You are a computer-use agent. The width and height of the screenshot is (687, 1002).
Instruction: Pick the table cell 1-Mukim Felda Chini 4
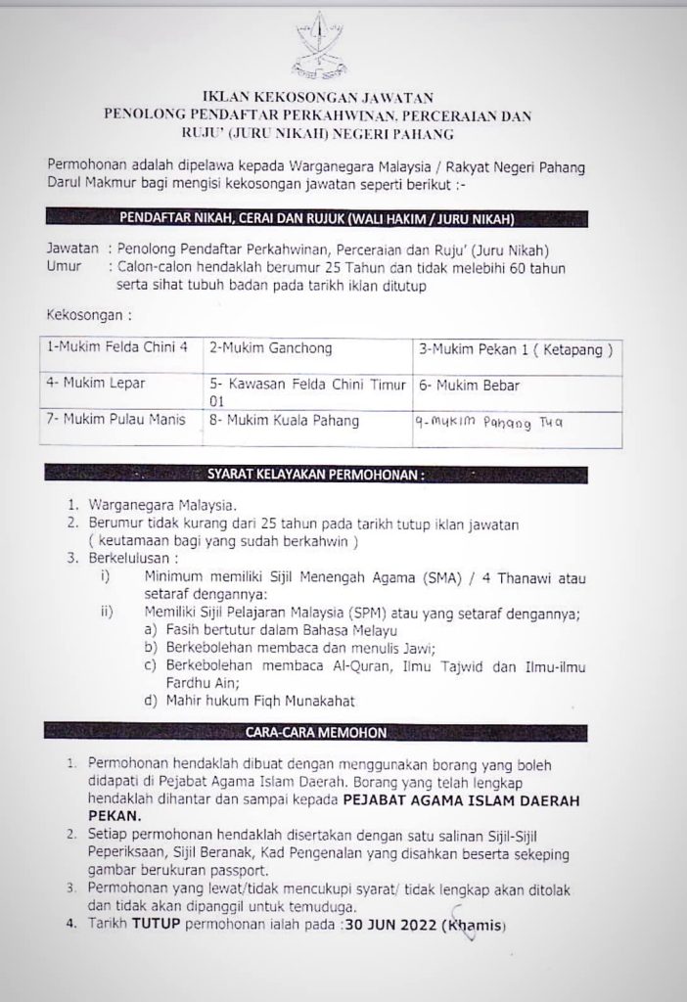point(116,348)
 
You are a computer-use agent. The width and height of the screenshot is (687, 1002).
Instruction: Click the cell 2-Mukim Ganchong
point(271,348)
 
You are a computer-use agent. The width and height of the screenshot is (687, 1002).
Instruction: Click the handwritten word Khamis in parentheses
point(474,926)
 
